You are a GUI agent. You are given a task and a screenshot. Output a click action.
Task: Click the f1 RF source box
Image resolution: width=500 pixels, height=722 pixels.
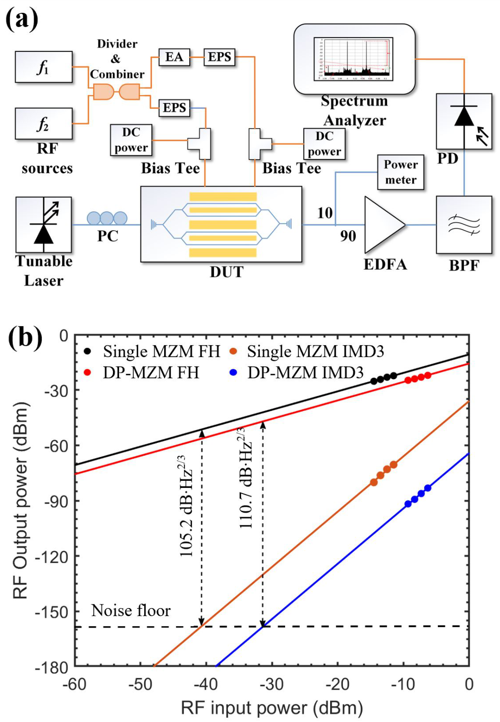point(44,67)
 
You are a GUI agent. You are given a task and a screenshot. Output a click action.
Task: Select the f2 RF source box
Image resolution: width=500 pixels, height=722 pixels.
point(44,123)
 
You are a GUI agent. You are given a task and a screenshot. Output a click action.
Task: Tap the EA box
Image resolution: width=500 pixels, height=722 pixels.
point(174,57)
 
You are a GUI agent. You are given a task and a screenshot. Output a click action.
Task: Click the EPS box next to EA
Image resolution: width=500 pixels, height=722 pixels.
point(219,57)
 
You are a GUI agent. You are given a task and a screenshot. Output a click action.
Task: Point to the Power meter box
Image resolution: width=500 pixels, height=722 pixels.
point(400,172)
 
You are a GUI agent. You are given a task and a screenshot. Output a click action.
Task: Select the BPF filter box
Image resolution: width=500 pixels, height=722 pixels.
point(463,225)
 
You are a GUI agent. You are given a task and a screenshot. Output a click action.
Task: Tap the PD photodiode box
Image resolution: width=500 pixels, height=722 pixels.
point(463,122)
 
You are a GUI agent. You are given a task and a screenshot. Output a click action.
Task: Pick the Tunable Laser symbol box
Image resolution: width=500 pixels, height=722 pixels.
point(44,225)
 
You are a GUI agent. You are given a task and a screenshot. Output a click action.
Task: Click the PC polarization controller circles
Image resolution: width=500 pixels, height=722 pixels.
point(107,218)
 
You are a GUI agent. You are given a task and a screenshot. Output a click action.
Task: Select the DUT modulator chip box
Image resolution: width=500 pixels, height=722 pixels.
point(221,224)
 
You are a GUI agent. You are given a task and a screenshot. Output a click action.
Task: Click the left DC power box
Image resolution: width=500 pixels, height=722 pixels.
point(131,140)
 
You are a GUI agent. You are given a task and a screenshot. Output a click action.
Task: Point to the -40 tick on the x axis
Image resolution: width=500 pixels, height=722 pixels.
point(206,684)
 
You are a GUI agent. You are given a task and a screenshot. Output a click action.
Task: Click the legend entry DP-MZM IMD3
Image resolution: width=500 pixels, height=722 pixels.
point(305,373)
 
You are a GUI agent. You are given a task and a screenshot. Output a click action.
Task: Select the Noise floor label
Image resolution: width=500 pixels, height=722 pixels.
point(130,610)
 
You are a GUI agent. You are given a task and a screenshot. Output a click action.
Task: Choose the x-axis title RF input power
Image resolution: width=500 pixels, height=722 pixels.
point(272,708)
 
